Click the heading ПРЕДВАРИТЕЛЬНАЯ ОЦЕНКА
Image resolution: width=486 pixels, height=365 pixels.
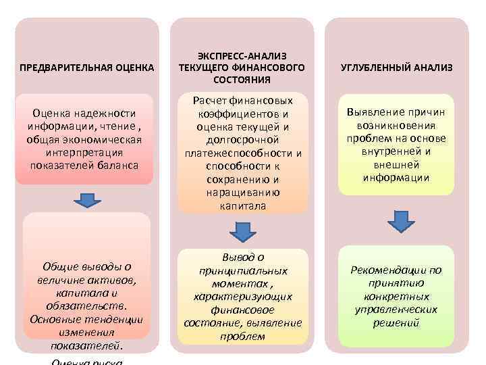click(86, 68)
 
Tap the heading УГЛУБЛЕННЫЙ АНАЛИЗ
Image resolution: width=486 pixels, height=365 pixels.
click(396, 68)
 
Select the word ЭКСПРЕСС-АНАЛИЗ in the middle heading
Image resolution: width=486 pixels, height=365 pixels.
click(242, 56)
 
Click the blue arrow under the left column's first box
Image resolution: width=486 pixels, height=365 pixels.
click(86, 200)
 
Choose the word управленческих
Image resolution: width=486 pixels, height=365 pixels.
click(396, 309)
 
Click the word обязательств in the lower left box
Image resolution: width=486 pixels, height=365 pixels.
click(86, 306)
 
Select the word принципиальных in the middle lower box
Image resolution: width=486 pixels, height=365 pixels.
click(242, 270)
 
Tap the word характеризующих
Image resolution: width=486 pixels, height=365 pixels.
click(242, 296)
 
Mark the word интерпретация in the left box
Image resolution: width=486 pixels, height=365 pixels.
click(86, 153)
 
